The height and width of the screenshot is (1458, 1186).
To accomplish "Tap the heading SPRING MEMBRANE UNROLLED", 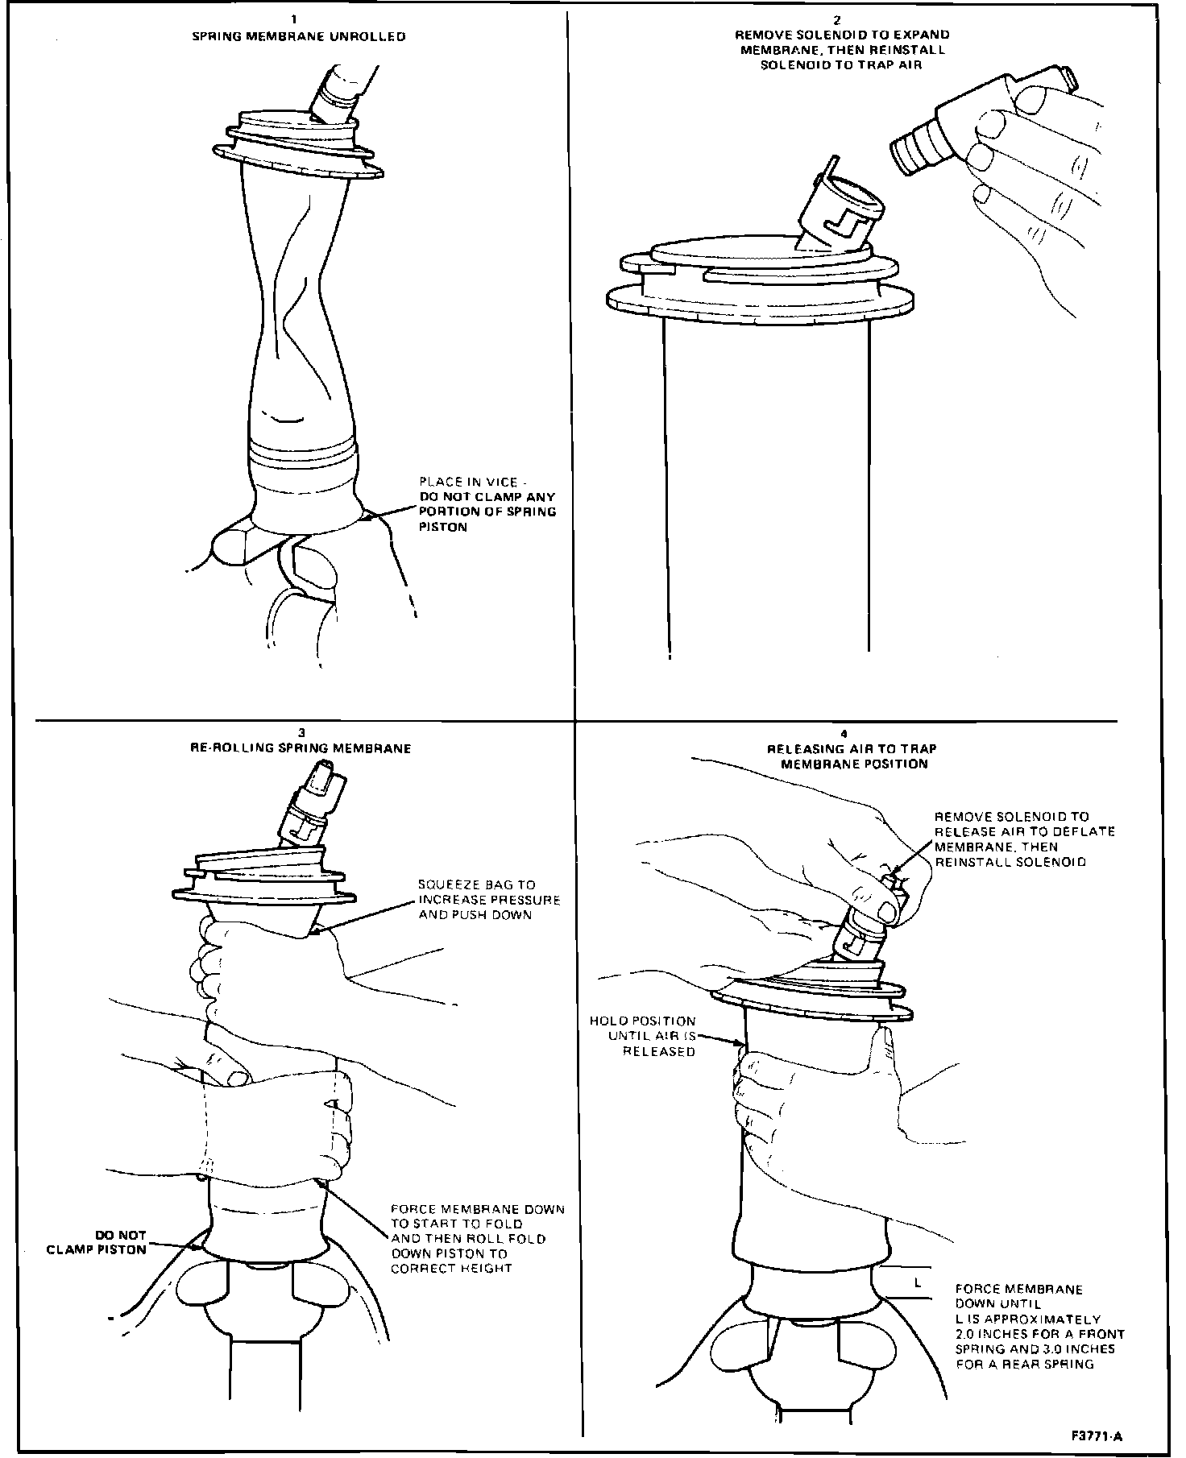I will click(298, 37).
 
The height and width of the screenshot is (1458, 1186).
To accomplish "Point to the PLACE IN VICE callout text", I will click(487, 504).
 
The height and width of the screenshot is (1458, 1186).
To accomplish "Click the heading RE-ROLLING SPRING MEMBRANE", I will click(301, 748).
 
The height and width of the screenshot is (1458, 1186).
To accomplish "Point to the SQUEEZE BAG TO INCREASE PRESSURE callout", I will click(488, 900).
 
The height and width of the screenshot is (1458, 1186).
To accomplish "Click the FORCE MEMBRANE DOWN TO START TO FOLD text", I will click(477, 1239).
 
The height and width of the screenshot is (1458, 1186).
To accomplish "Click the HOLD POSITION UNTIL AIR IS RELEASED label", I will click(642, 1035).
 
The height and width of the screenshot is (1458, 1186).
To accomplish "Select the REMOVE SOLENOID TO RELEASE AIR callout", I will click(1023, 839).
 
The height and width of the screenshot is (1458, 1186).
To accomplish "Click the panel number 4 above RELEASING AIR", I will click(844, 734).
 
